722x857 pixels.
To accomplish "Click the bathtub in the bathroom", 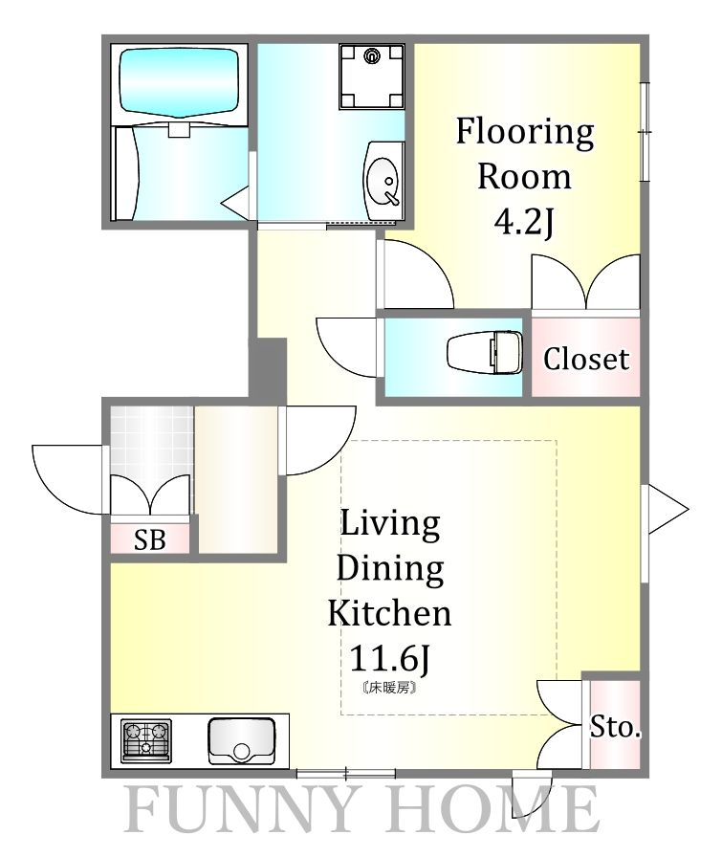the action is [x=179, y=82].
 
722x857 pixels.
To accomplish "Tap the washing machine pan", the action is [x=372, y=77].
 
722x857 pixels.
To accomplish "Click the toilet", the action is [x=484, y=353].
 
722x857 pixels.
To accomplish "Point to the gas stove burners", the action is [x=146, y=740].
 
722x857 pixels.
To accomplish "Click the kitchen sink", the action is [x=241, y=741].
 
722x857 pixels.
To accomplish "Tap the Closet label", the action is [x=586, y=359].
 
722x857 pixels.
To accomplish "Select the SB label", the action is [x=150, y=540].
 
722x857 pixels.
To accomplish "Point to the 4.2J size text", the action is [x=524, y=222].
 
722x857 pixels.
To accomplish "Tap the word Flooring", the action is [x=525, y=133].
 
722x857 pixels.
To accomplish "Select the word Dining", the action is [x=390, y=569].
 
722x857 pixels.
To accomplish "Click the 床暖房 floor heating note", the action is [x=390, y=688].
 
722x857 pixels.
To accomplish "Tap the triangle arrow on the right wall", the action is [x=667, y=509].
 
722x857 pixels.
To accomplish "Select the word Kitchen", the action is [x=390, y=613].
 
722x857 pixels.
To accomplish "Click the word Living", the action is [x=390, y=523].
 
